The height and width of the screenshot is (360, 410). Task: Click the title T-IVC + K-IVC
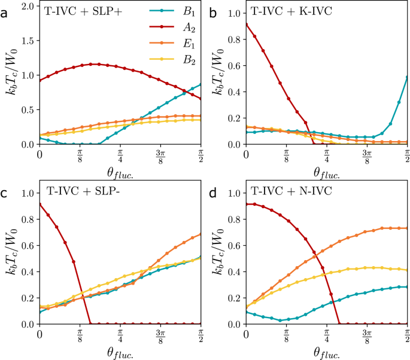(x=286, y=12)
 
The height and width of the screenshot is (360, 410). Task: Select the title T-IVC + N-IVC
(x=286, y=192)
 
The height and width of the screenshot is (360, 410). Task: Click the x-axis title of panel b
(x=326, y=172)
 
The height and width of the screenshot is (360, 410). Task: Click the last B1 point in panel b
(x=407, y=77)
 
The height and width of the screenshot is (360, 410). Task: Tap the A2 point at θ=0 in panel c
(x=40, y=205)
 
